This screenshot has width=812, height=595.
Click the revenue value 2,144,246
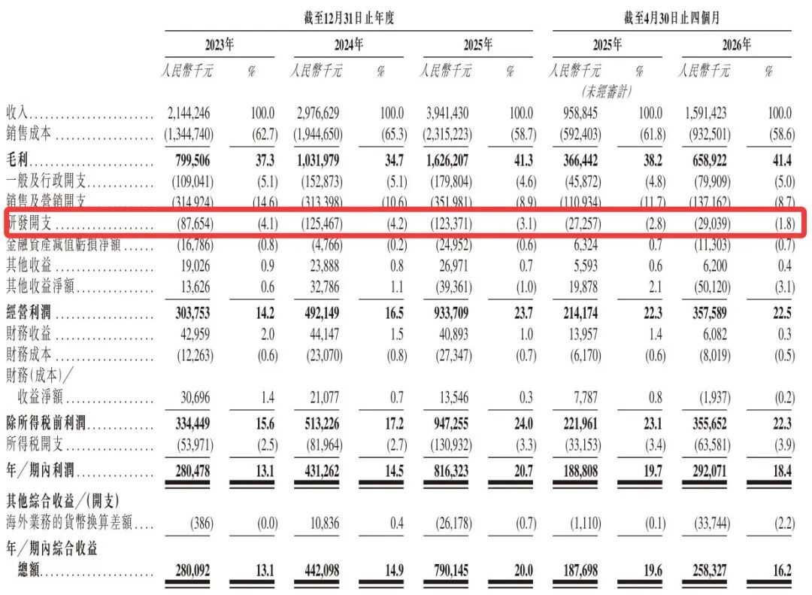(189, 113)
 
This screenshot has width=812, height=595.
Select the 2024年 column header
(349, 44)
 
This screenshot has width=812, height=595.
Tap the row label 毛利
(17, 159)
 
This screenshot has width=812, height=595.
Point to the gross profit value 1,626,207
(447, 160)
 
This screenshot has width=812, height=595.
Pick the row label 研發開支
(29, 223)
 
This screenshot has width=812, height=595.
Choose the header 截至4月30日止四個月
(671, 18)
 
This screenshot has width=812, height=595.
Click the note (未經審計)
(607, 92)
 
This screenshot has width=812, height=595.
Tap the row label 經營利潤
(29, 312)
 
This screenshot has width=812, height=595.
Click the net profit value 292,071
(710, 471)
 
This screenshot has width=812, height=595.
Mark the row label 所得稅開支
(35, 444)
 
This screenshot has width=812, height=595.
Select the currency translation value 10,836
(325, 524)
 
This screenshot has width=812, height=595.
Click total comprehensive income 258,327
(710, 571)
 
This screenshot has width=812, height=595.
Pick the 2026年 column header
(736, 44)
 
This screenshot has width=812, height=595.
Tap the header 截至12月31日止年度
(349, 18)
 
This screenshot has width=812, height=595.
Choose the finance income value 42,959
(195, 334)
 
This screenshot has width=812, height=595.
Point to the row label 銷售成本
(29, 134)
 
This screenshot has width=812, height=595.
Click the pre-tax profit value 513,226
(322, 424)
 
